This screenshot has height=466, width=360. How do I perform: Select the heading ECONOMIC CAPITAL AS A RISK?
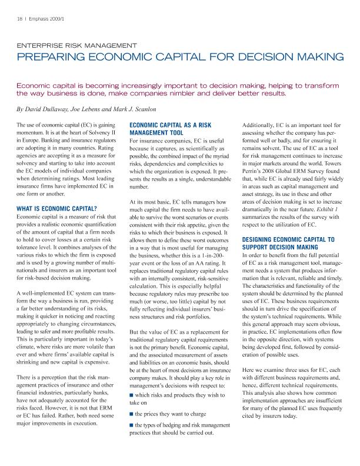[171, 125]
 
